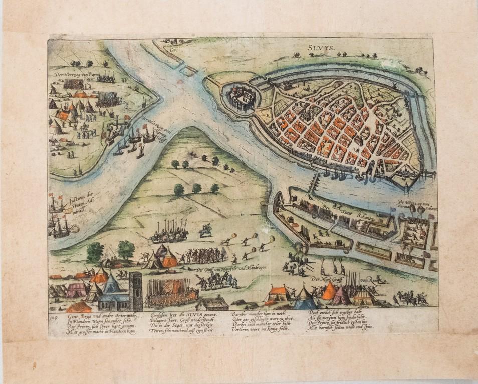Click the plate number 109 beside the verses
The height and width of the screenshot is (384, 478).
pos(54,316)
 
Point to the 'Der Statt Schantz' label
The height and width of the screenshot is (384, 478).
pos(351,212)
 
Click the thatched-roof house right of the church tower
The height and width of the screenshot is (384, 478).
pos(212,302)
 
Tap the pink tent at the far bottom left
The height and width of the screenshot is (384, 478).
pos(77,288)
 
